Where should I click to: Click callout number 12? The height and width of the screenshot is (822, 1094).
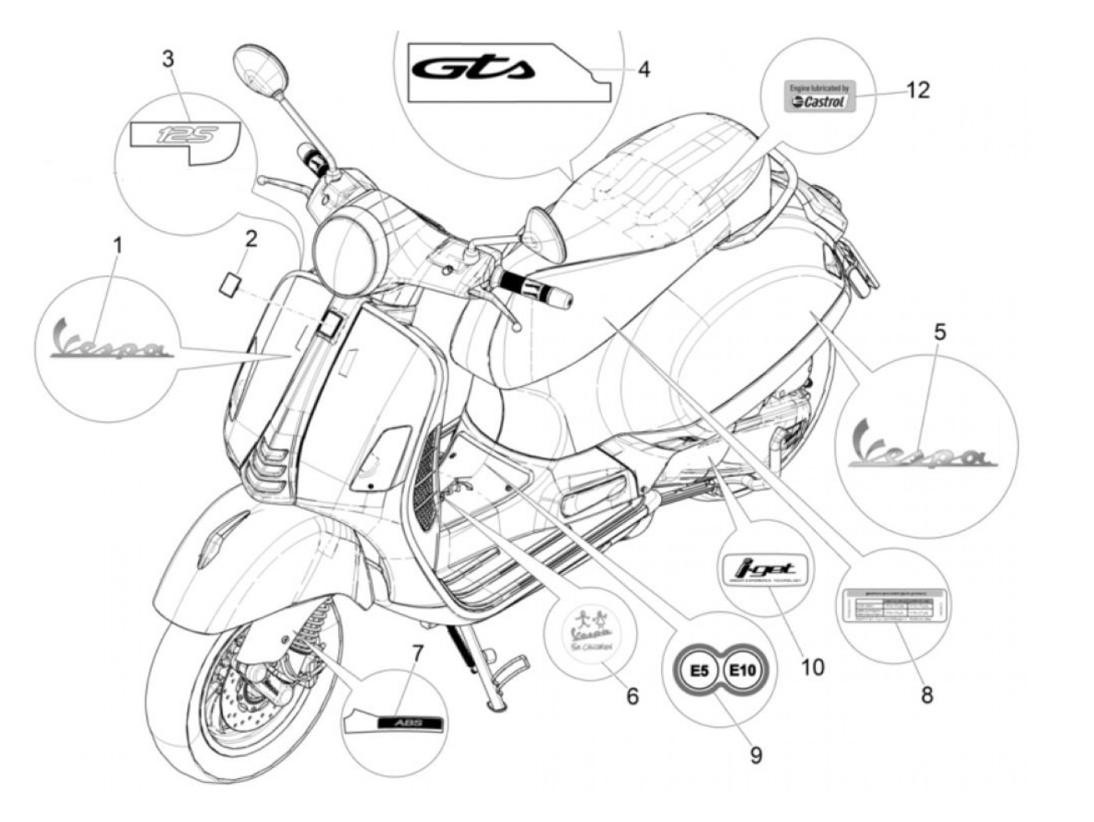click(x=917, y=90)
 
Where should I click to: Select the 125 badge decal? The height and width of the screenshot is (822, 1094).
click(x=184, y=136)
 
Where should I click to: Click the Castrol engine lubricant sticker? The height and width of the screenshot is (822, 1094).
click(x=817, y=96)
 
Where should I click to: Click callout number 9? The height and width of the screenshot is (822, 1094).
click(x=756, y=754)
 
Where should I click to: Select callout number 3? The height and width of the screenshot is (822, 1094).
click(x=169, y=59)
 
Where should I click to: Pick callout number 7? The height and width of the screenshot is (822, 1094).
click(x=417, y=652)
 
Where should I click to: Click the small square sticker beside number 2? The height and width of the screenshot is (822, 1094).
click(x=229, y=282)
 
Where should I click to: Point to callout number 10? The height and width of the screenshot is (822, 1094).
click(x=812, y=667)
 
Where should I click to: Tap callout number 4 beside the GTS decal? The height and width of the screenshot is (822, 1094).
click(x=642, y=70)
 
